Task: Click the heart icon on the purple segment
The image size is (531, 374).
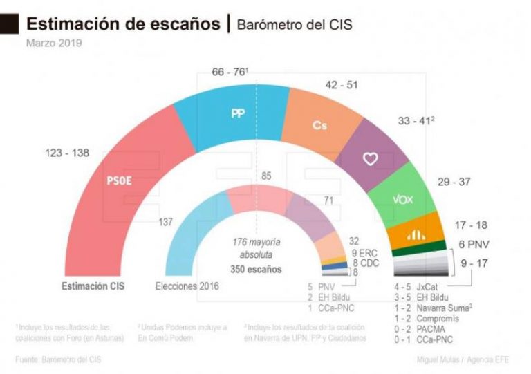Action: [x=370, y=158]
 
